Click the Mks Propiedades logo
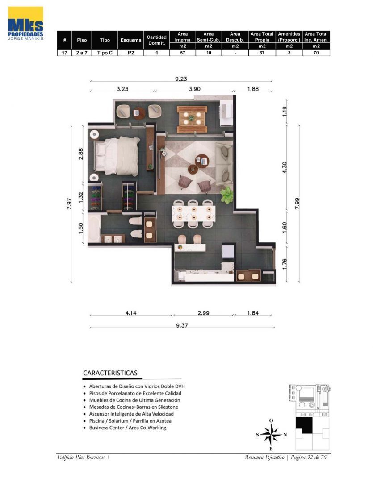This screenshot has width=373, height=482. coord(26,24)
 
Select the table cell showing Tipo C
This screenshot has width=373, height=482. coord(105,53)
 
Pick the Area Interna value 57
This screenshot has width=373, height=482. coord(182,53)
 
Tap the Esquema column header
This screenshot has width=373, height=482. coord(130,40)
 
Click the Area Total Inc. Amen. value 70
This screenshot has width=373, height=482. coord(316,53)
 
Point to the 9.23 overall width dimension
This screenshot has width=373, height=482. coord(181,79)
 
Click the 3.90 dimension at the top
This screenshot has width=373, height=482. coord(194,89)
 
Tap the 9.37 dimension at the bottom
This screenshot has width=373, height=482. coord(182,325)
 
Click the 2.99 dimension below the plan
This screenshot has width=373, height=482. coord(203,313)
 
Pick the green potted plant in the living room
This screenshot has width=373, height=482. coord(227,195)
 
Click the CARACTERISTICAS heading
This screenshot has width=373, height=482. coord(110,373)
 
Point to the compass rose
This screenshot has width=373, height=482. coord(271,434)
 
